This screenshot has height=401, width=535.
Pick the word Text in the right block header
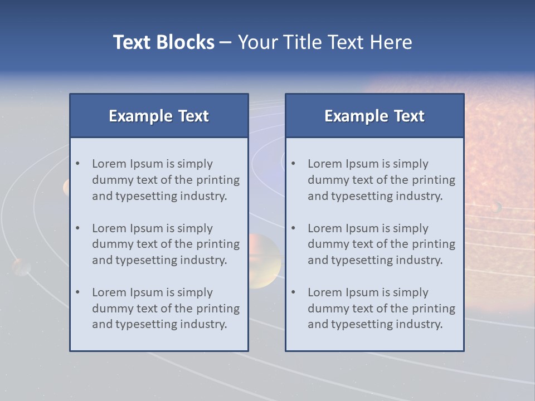(409, 116)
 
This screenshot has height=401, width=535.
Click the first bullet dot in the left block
(78, 164)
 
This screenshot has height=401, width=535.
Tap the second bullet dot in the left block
(78, 228)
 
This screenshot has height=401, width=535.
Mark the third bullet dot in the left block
(78, 292)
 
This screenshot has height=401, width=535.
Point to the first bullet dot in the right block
(294, 164)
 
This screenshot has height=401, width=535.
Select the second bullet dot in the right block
(294, 228)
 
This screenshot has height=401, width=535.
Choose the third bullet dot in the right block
(294, 292)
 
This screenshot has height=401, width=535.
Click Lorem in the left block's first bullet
(109, 164)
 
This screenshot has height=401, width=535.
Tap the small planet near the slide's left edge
(21, 267)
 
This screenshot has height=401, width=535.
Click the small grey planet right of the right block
(496, 207)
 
